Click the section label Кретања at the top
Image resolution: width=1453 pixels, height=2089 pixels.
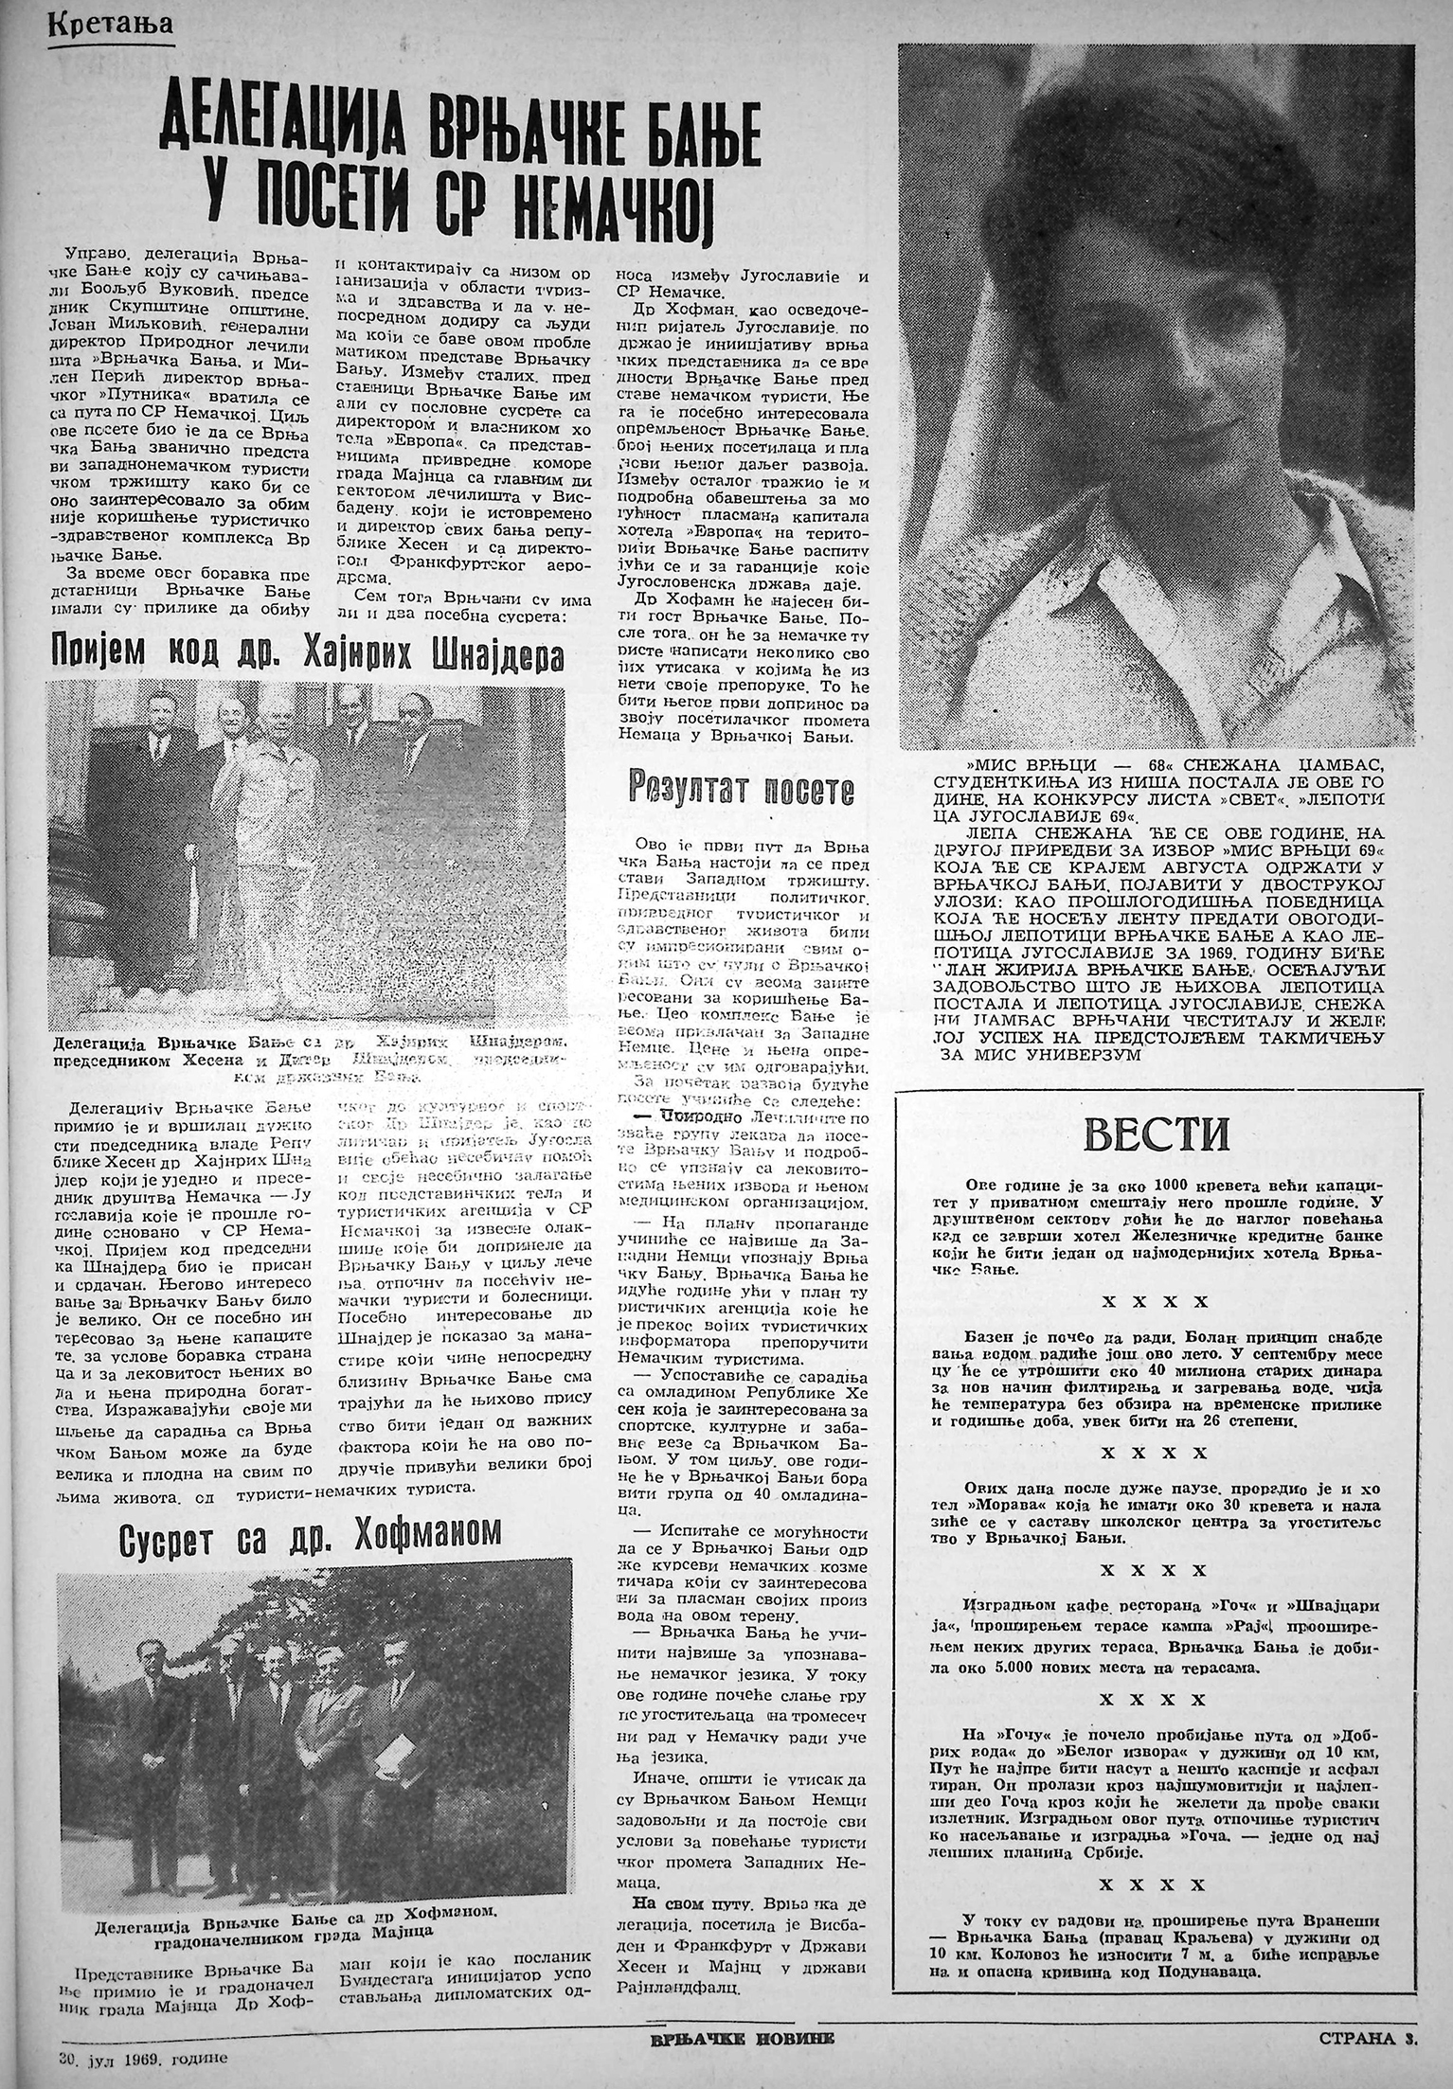110,22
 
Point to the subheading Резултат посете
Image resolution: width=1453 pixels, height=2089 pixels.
742,788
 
